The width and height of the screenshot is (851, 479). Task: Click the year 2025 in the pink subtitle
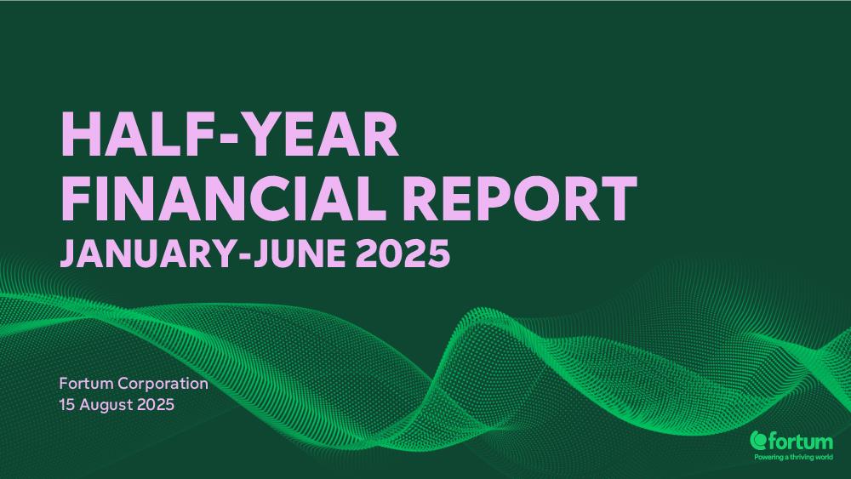click(403, 254)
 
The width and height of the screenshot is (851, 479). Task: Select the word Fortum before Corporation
click(86, 384)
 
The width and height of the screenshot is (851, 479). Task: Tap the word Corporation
click(163, 384)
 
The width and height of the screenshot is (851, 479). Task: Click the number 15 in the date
click(66, 405)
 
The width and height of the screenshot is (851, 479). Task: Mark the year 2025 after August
click(156, 405)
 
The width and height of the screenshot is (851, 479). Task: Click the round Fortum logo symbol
click(758, 440)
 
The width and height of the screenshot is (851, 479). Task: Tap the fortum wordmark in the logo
click(800, 442)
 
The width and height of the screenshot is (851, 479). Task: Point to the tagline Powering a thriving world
click(793, 457)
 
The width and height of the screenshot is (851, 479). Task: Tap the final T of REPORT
click(617, 198)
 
